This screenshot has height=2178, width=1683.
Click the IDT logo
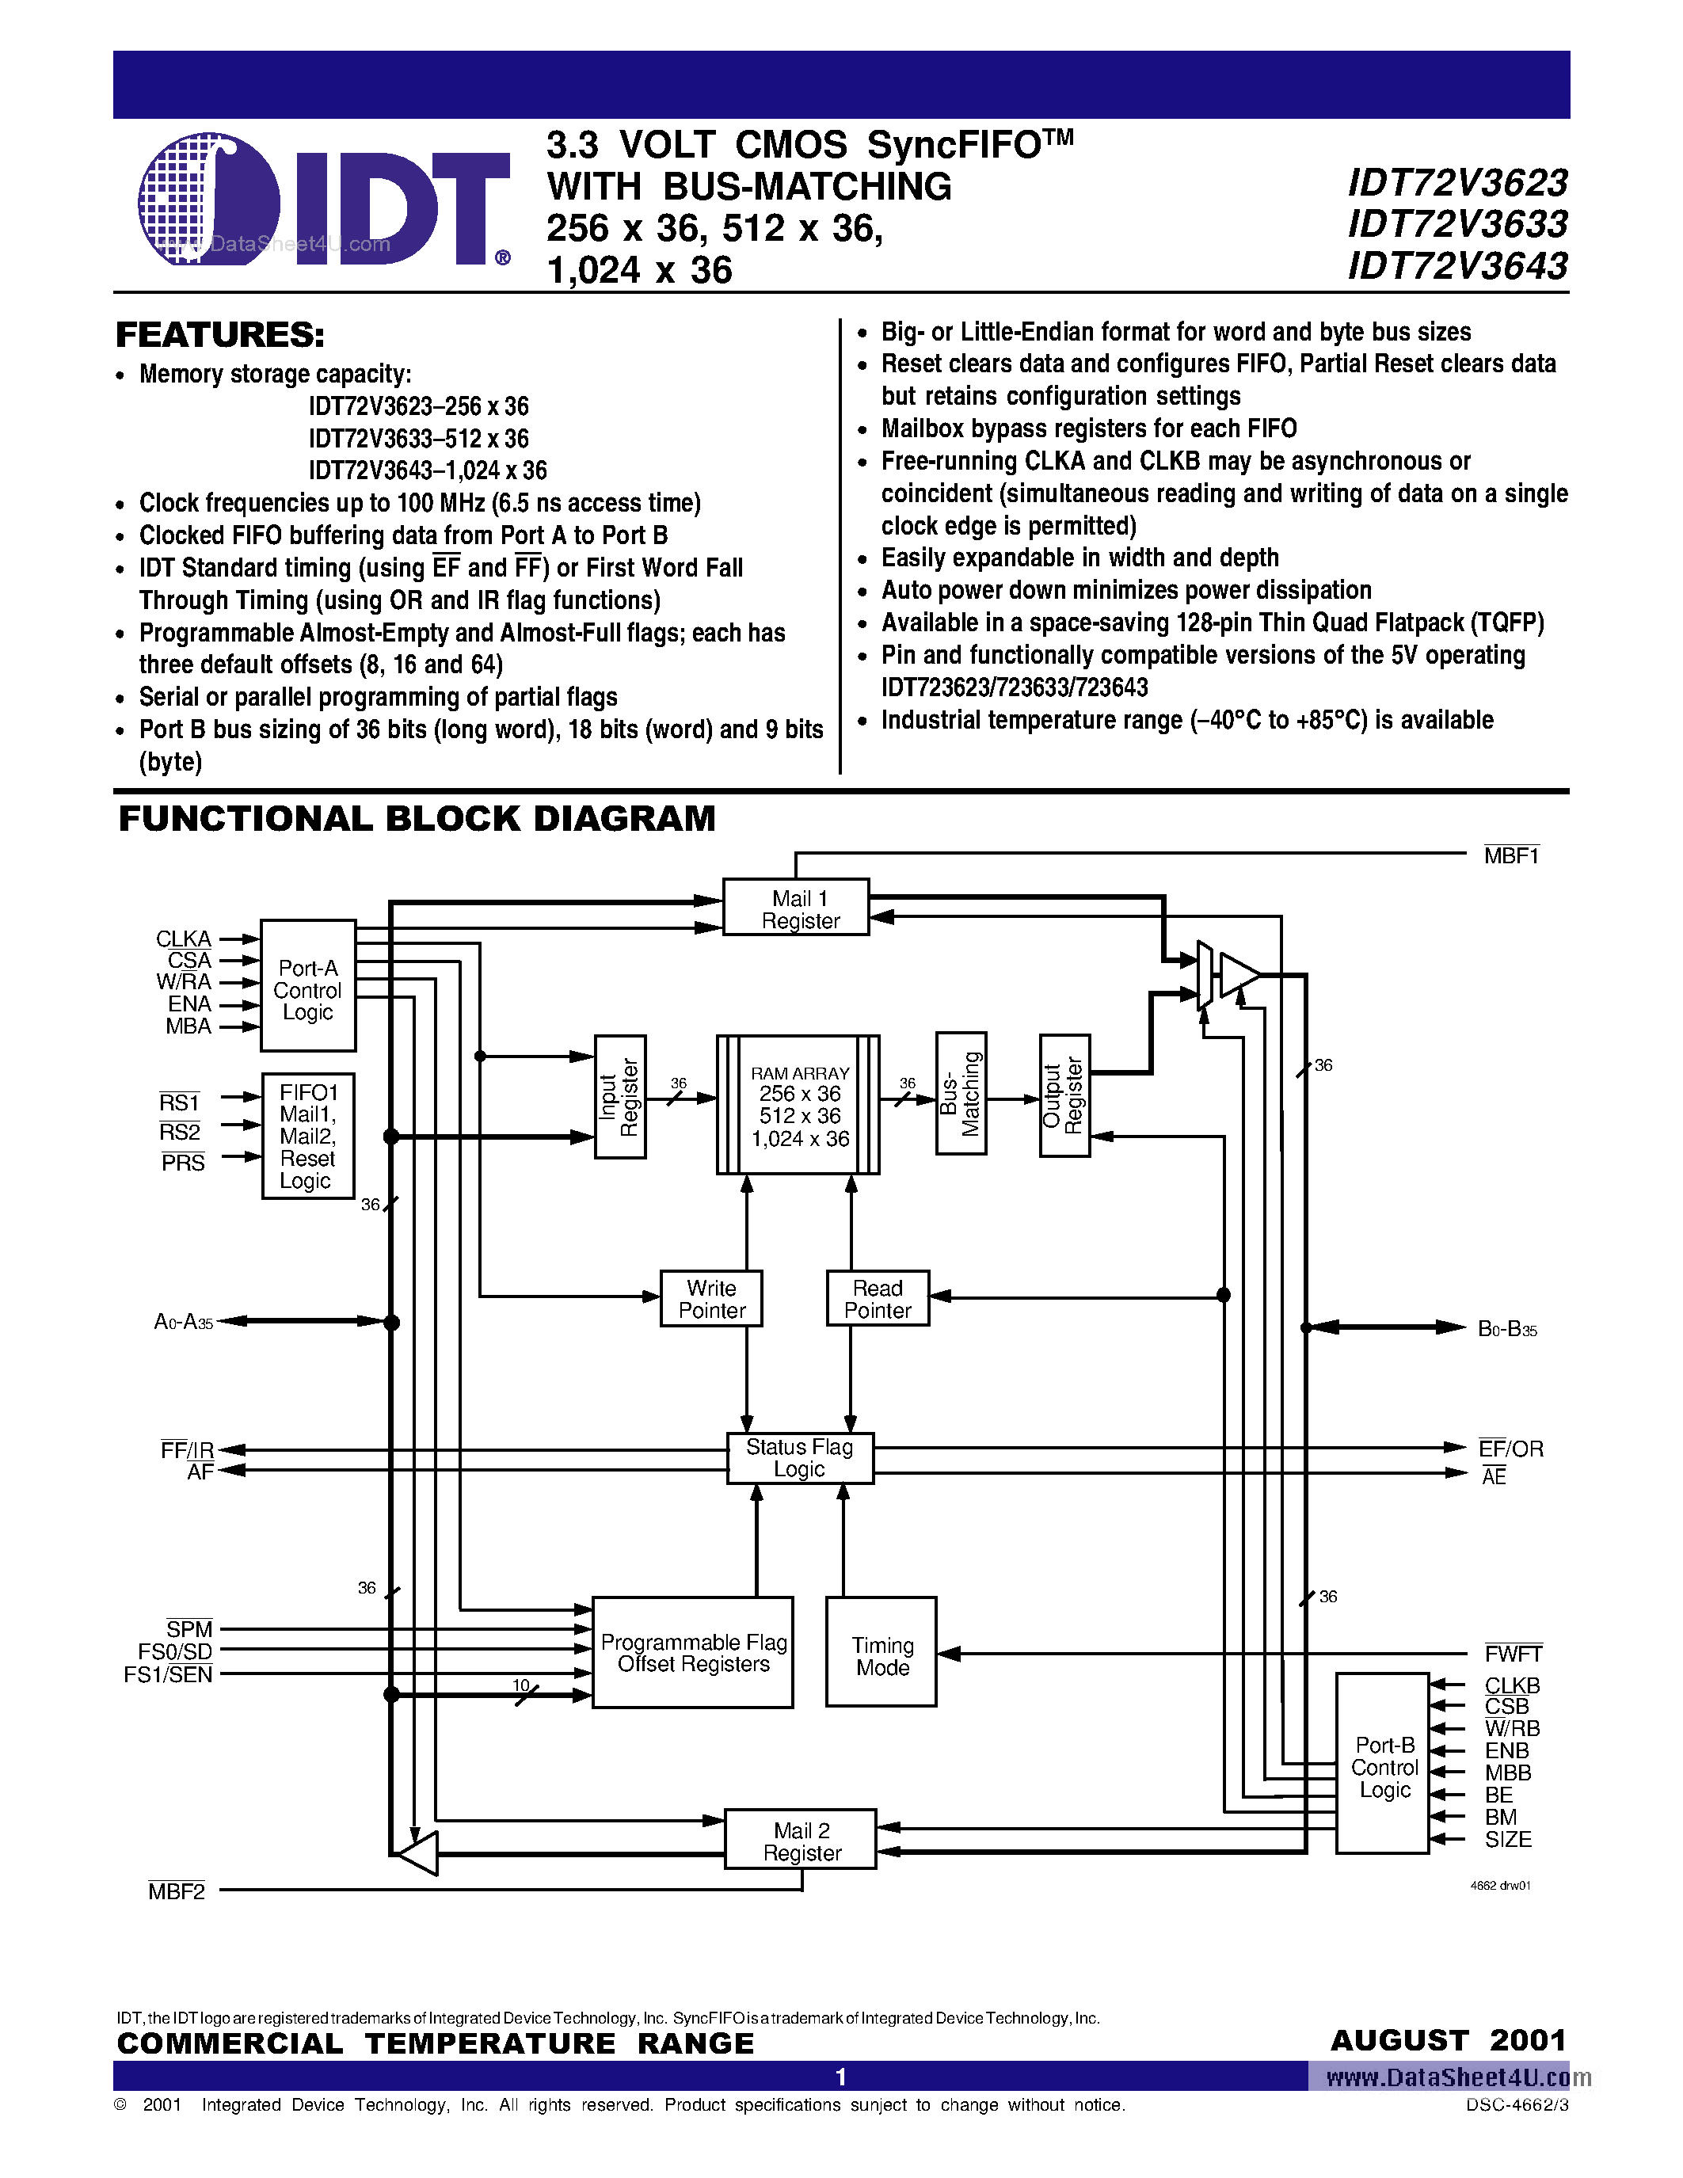pos(324,200)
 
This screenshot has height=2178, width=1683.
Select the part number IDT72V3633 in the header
pos(1456,224)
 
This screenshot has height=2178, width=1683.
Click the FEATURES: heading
pos(220,335)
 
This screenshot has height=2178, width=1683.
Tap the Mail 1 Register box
pos(796,908)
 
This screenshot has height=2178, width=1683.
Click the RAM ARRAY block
pos(798,1105)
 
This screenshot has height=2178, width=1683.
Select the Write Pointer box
pos(711,1298)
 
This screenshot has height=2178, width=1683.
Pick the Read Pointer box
pos(878,1298)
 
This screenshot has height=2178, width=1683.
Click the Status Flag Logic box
pos(800,1458)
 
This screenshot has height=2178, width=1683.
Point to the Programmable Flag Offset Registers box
pos(693,1652)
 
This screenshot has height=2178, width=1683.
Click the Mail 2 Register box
pos(801,1840)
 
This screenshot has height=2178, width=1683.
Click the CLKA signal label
pos(184,939)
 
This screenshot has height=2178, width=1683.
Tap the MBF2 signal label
pos(177,1891)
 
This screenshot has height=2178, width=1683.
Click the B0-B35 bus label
pos(1506,1328)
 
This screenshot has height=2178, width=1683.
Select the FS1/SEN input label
pos(169,1674)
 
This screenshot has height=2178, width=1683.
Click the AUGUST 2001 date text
pos(1448,2040)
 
